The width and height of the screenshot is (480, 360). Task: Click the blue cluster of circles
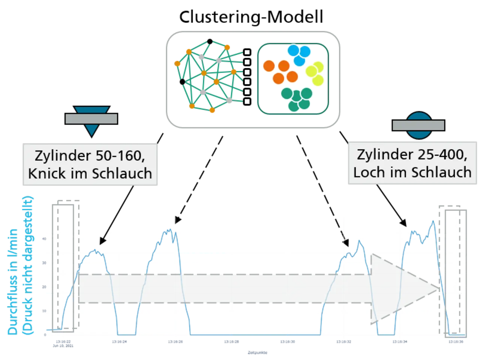pos(299,55)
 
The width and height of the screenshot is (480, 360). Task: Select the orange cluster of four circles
pos(280,72)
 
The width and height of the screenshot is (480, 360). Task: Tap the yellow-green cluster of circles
pos(315,73)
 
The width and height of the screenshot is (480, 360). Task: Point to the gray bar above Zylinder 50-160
pos(91,119)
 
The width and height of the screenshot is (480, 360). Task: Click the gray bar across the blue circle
pos(418,126)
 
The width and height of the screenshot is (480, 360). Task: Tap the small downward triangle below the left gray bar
pos(91,130)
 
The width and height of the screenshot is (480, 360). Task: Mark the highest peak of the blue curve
pos(433,221)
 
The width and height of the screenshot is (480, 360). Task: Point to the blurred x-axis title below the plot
pos(258,352)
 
